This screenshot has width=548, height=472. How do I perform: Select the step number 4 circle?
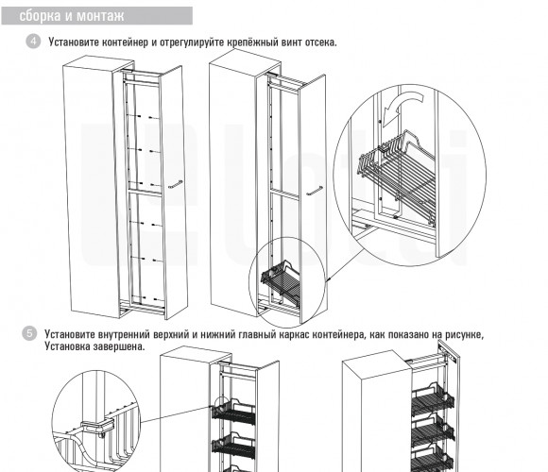click(33, 42)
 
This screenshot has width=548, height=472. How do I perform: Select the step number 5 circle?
click(29, 333)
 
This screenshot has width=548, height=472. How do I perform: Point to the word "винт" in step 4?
click(291, 42)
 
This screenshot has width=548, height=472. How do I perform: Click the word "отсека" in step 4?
click(321, 42)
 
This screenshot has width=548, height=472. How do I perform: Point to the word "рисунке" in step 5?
click(465, 334)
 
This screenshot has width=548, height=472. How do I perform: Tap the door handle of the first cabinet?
click(176, 184)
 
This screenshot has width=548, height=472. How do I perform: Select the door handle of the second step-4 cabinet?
click(315, 191)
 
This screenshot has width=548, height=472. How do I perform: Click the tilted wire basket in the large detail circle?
click(397, 175)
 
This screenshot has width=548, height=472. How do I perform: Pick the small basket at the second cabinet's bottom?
click(281, 279)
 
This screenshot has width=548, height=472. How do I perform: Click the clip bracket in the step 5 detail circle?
click(97, 427)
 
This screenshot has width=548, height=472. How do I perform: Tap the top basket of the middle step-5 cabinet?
click(233, 413)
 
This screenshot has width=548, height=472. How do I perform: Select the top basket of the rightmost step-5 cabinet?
click(433, 399)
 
